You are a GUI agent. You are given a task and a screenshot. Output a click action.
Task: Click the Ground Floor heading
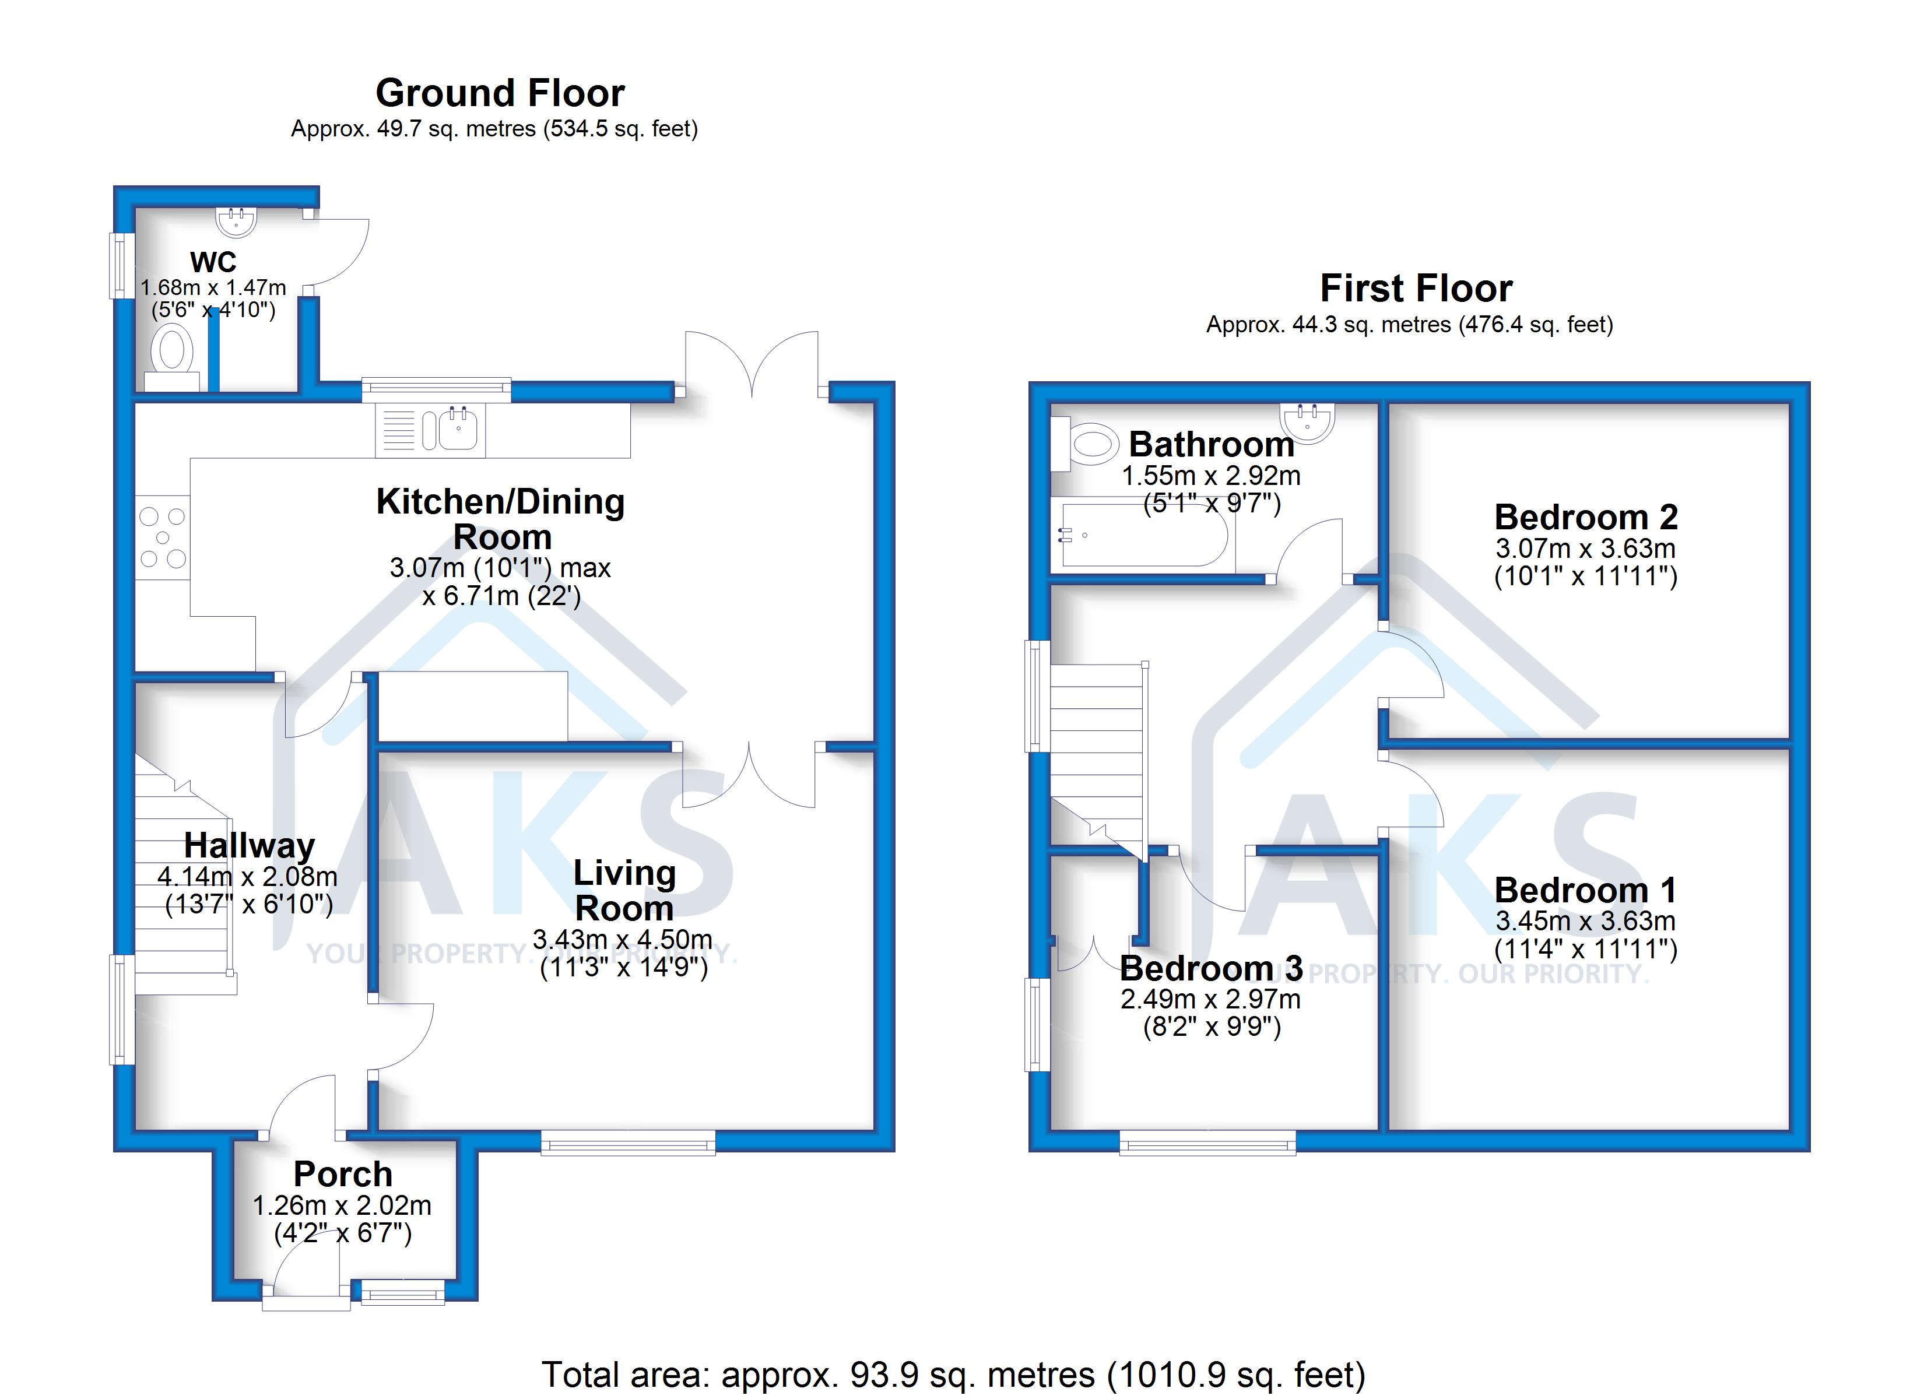[x=500, y=93]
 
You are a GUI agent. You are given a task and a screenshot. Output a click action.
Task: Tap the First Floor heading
[x=1416, y=289]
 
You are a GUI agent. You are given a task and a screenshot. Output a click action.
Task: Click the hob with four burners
[x=163, y=537]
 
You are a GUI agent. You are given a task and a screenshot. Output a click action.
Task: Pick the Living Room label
[x=624, y=890]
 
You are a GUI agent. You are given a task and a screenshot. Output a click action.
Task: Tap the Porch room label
[x=343, y=1174]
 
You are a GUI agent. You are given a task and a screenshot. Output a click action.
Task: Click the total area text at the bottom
[x=953, y=1373]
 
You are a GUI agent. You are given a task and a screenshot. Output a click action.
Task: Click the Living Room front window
[x=629, y=1143]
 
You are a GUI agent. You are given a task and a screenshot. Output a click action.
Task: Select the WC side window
[x=121, y=266]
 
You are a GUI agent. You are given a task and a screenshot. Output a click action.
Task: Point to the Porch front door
[x=306, y=1295]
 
